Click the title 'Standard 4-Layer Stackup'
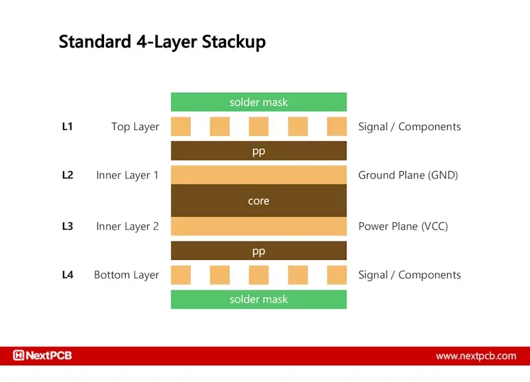162,42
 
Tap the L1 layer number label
68,127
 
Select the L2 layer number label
68,176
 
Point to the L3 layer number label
68,226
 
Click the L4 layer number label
68,275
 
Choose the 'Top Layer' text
135,127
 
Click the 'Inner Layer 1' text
127,176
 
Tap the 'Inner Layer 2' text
127,226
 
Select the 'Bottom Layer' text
127,275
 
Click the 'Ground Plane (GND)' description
408,176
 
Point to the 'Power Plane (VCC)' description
403,226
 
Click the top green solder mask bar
258,102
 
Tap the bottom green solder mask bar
258,299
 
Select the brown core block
258,201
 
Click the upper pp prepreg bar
258,151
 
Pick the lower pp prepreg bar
258,251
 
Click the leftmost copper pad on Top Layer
181,127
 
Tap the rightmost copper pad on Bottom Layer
337,275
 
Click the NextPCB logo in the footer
42,355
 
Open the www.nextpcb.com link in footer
476,356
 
